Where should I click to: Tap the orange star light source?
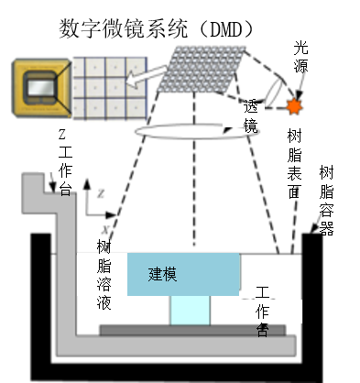(x=296, y=106)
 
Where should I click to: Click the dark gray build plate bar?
(x=191, y=328)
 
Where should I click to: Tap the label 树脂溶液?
(x=104, y=275)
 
